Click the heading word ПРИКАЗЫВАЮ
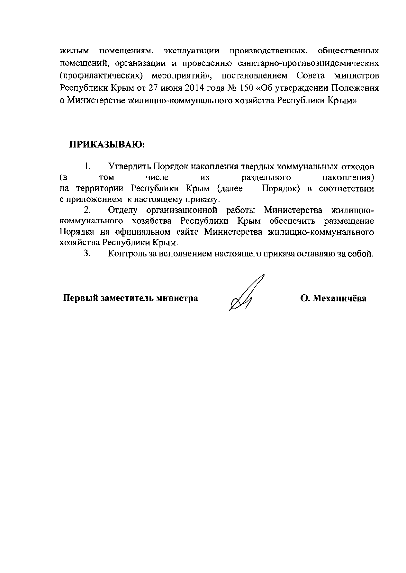(x=107, y=145)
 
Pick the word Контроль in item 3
(x=127, y=254)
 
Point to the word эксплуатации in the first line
(x=191, y=51)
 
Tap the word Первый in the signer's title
(x=79, y=299)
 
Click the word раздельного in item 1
(x=266, y=178)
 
